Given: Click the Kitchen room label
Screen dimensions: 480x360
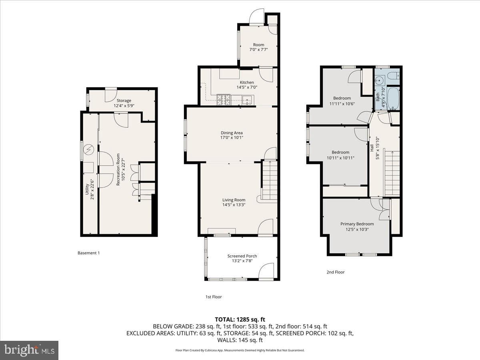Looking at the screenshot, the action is point(247,82).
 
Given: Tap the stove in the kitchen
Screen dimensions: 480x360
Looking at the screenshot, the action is point(224,100).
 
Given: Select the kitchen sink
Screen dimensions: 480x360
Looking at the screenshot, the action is point(248,100).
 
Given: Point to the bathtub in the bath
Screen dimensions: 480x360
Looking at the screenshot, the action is point(393,98).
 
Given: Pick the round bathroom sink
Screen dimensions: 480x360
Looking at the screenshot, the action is point(380,80).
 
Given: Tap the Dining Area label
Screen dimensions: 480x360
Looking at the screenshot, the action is point(232,133).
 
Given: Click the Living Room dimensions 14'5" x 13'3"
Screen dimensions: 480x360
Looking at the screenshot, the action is point(234,205).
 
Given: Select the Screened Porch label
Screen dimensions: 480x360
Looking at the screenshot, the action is point(242,256).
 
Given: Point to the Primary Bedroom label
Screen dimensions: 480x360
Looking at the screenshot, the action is point(357,224).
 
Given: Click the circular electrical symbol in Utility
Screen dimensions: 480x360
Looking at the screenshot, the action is point(89,150).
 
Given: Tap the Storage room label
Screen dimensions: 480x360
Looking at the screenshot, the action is point(124,100).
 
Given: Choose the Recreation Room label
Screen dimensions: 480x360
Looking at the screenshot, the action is point(118,169).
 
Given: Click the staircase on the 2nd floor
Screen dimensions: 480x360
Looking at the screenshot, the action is point(392,173).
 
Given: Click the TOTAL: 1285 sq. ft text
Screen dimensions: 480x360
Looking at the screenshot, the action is point(240,320).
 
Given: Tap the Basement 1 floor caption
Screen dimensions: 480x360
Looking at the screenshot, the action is point(88,253).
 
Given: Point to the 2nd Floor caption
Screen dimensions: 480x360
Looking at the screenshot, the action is point(336,272).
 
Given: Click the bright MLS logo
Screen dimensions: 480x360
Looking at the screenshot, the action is point(29,350).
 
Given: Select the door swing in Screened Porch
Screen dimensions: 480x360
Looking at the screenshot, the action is point(266,271).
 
